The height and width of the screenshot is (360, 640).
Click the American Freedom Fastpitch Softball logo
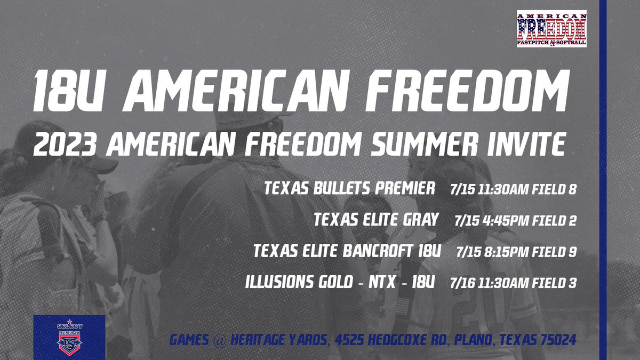551,28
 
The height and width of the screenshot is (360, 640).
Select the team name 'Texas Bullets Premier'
350,189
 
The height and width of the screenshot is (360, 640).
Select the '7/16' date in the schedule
460,283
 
